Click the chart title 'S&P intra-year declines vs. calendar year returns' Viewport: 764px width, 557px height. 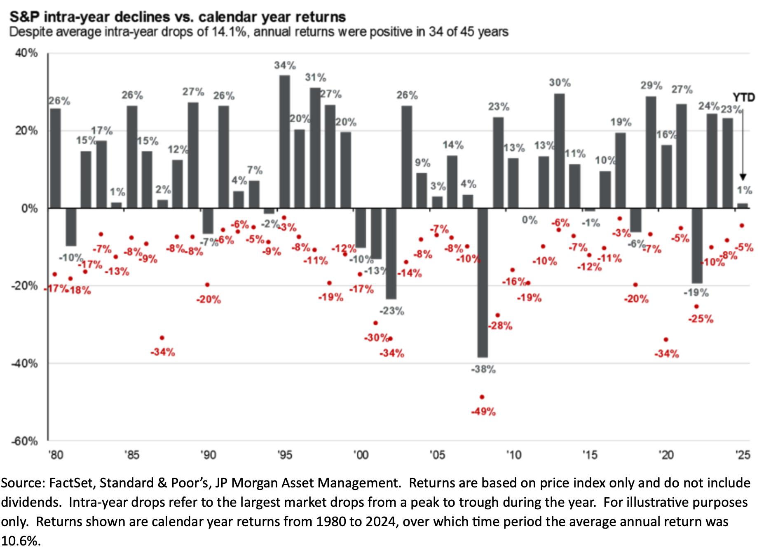click(178, 17)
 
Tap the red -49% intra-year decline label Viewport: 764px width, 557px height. click(483, 411)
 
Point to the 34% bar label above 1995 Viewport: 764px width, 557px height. click(285, 65)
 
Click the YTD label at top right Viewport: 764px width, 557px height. click(743, 97)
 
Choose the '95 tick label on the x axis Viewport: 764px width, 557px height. click(284, 455)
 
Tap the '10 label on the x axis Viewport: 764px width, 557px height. click(513, 455)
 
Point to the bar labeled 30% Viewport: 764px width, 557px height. click(559, 151)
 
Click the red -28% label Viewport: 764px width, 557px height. click(500, 326)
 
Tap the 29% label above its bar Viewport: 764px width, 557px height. click(651, 86)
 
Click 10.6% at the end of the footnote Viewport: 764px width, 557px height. click(21, 541)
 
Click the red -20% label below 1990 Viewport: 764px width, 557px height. click(209, 300)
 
